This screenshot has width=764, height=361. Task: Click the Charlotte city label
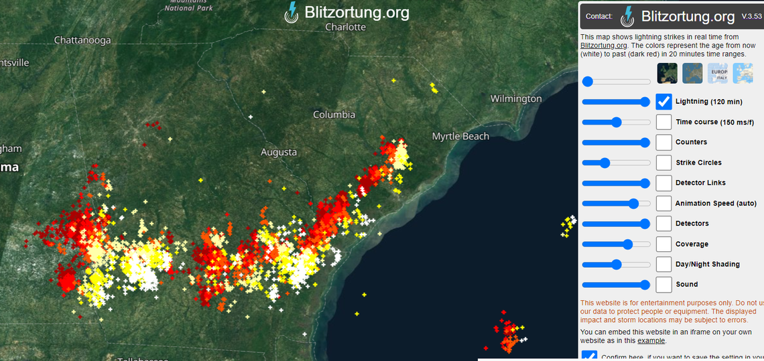(x=345, y=27)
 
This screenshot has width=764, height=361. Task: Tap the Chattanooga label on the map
(x=82, y=40)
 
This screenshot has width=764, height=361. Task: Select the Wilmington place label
(x=515, y=98)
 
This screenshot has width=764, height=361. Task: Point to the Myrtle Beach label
(x=460, y=136)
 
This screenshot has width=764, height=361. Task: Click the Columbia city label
(x=334, y=115)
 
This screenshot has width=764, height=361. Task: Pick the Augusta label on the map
(x=278, y=152)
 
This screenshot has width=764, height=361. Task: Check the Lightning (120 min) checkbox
(x=663, y=102)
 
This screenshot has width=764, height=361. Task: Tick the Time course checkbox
(x=663, y=122)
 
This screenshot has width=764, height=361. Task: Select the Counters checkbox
(x=663, y=142)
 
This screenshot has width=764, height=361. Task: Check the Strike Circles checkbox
(x=663, y=163)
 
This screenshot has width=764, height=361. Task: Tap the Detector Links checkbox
(x=663, y=183)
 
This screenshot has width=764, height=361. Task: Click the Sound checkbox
(x=663, y=285)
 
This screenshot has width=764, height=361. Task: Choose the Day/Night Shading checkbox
(x=663, y=264)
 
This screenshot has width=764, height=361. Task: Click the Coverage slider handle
(x=627, y=244)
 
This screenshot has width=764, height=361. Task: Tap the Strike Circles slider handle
(x=604, y=163)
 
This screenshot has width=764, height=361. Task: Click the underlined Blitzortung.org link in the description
(x=604, y=46)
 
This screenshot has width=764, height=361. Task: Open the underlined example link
(x=651, y=341)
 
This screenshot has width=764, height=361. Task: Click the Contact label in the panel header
(x=598, y=16)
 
